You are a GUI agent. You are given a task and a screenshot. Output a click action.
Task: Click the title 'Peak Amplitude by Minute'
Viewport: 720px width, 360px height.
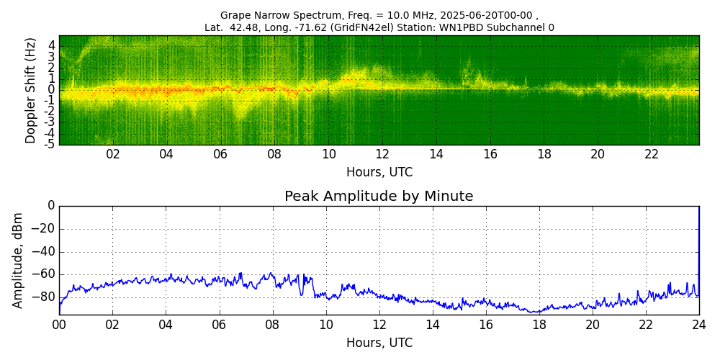click(x=379, y=197)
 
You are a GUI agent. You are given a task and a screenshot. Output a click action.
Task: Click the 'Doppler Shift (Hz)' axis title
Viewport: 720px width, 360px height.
click(x=31, y=91)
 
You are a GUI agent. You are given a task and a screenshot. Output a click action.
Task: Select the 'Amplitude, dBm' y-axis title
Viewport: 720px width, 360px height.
click(x=19, y=260)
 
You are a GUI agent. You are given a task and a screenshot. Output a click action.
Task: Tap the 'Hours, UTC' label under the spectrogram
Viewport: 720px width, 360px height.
click(x=379, y=173)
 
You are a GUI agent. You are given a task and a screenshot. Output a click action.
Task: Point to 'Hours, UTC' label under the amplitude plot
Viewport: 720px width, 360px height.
click(x=379, y=343)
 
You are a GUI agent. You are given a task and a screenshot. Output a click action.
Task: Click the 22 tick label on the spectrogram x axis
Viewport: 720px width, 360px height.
click(x=652, y=155)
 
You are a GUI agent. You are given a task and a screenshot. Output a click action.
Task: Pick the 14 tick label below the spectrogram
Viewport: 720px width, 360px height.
click(x=436, y=155)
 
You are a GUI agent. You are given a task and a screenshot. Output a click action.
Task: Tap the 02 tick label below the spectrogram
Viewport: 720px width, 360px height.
click(x=113, y=155)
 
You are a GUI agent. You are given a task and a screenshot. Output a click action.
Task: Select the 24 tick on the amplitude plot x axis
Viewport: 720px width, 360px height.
click(x=698, y=325)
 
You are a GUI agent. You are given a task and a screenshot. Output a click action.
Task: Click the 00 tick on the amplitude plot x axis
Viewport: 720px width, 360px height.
click(x=59, y=325)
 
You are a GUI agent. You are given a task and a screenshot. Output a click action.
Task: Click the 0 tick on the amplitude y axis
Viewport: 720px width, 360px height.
click(x=50, y=206)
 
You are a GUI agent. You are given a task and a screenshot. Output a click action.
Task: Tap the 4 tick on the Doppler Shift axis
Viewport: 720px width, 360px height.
click(x=52, y=45)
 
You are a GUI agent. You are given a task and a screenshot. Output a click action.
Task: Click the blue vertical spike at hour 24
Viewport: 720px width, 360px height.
click(x=698, y=245)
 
